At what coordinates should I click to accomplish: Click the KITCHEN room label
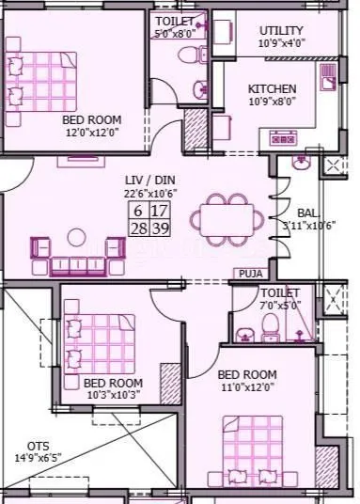click(x=272, y=89)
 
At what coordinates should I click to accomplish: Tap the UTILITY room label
click(x=281, y=31)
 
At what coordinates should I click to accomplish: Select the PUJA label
click(x=250, y=274)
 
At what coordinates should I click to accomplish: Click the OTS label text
click(x=38, y=446)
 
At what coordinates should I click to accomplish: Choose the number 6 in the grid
click(x=138, y=212)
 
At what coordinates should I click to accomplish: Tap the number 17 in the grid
click(x=160, y=212)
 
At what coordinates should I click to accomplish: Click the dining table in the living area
click(x=219, y=224)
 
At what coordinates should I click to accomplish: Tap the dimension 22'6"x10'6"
click(x=150, y=193)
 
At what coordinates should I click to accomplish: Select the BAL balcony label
click(x=307, y=213)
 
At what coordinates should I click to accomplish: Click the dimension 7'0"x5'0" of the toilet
click(x=281, y=305)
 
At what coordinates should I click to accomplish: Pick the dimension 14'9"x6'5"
click(x=39, y=459)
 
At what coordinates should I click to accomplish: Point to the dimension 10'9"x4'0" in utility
click(x=281, y=43)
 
